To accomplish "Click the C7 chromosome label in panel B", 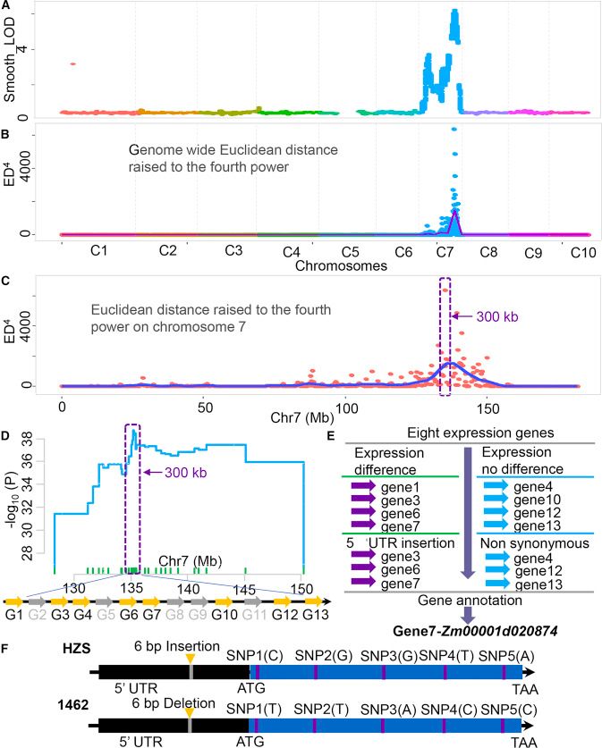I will [445, 252].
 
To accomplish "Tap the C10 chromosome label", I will [583, 252].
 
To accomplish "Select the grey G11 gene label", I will [255, 617].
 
